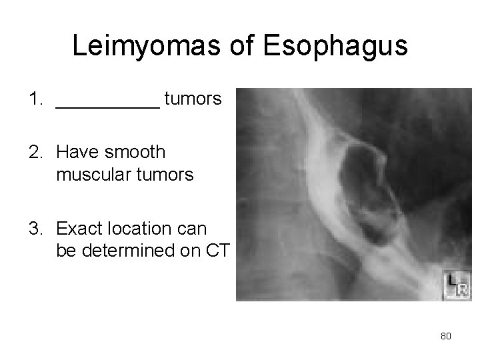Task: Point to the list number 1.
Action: coord(35,100)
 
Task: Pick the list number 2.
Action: coord(35,153)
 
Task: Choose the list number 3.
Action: coord(35,229)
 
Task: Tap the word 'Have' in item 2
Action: coord(76,153)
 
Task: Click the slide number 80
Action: coord(446,336)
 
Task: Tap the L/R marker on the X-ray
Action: coord(457,285)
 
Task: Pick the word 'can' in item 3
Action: coord(193,229)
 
